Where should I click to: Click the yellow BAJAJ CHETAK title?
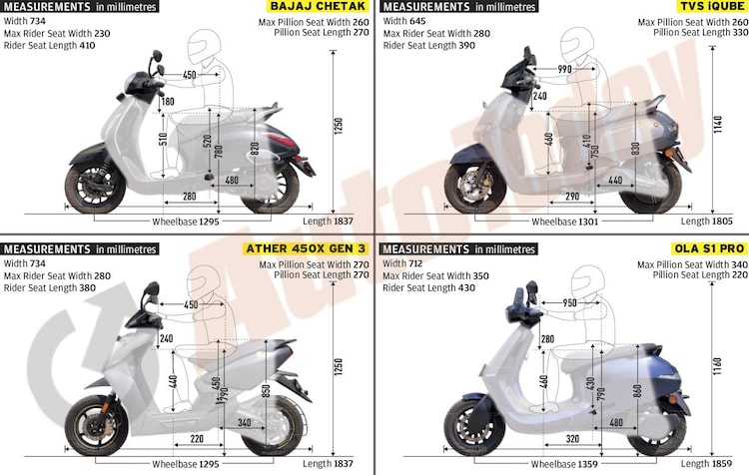(x=318, y=6)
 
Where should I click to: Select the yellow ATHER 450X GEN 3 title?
(x=306, y=248)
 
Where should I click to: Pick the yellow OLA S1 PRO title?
(x=709, y=248)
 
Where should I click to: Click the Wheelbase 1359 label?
(x=564, y=464)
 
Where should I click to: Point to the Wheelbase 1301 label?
(x=564, y=222)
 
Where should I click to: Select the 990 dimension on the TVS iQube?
(x=564, y=69)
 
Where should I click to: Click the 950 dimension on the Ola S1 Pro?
(x=569, y=303)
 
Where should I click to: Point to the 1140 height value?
(x=718, y=124)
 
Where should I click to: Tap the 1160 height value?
(x=718, y=366)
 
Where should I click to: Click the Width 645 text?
(x=404, y=21)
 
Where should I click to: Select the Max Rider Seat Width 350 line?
(x=435, y=276)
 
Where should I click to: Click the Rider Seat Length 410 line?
(x=49, y=45)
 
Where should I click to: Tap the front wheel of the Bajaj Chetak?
(x=95, y=188)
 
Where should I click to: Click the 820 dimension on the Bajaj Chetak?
(x=255, y=149)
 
